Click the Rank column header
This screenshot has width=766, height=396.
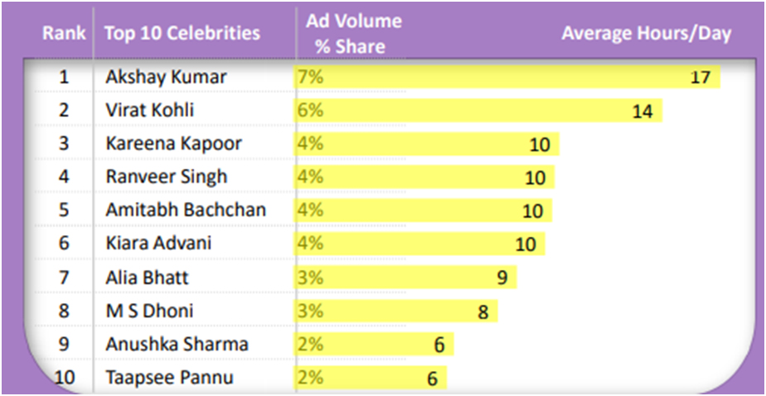tap(64, 34)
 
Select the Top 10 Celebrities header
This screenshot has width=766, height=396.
tap(182, 34)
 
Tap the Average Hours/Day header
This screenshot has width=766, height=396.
tap(647, 34)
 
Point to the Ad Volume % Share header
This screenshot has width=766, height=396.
tap(353, 34)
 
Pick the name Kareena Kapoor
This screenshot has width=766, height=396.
tap(173, 143)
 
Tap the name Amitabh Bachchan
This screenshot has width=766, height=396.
tap(186, 210)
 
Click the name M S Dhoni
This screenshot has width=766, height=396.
tap(149, 311)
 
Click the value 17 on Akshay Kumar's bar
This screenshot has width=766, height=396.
tap(701, 78)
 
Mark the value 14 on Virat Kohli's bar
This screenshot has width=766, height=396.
tap(642, 111)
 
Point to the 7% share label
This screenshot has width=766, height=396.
tap(310, 77)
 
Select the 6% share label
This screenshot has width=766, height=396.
tap(310, 110)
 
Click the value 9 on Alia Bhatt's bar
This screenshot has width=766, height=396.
tap(502, 278)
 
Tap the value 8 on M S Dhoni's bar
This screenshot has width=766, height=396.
tap(482, 311)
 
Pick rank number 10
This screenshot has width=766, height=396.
tap(64, 378)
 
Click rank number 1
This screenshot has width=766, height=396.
tap(64, 77)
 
